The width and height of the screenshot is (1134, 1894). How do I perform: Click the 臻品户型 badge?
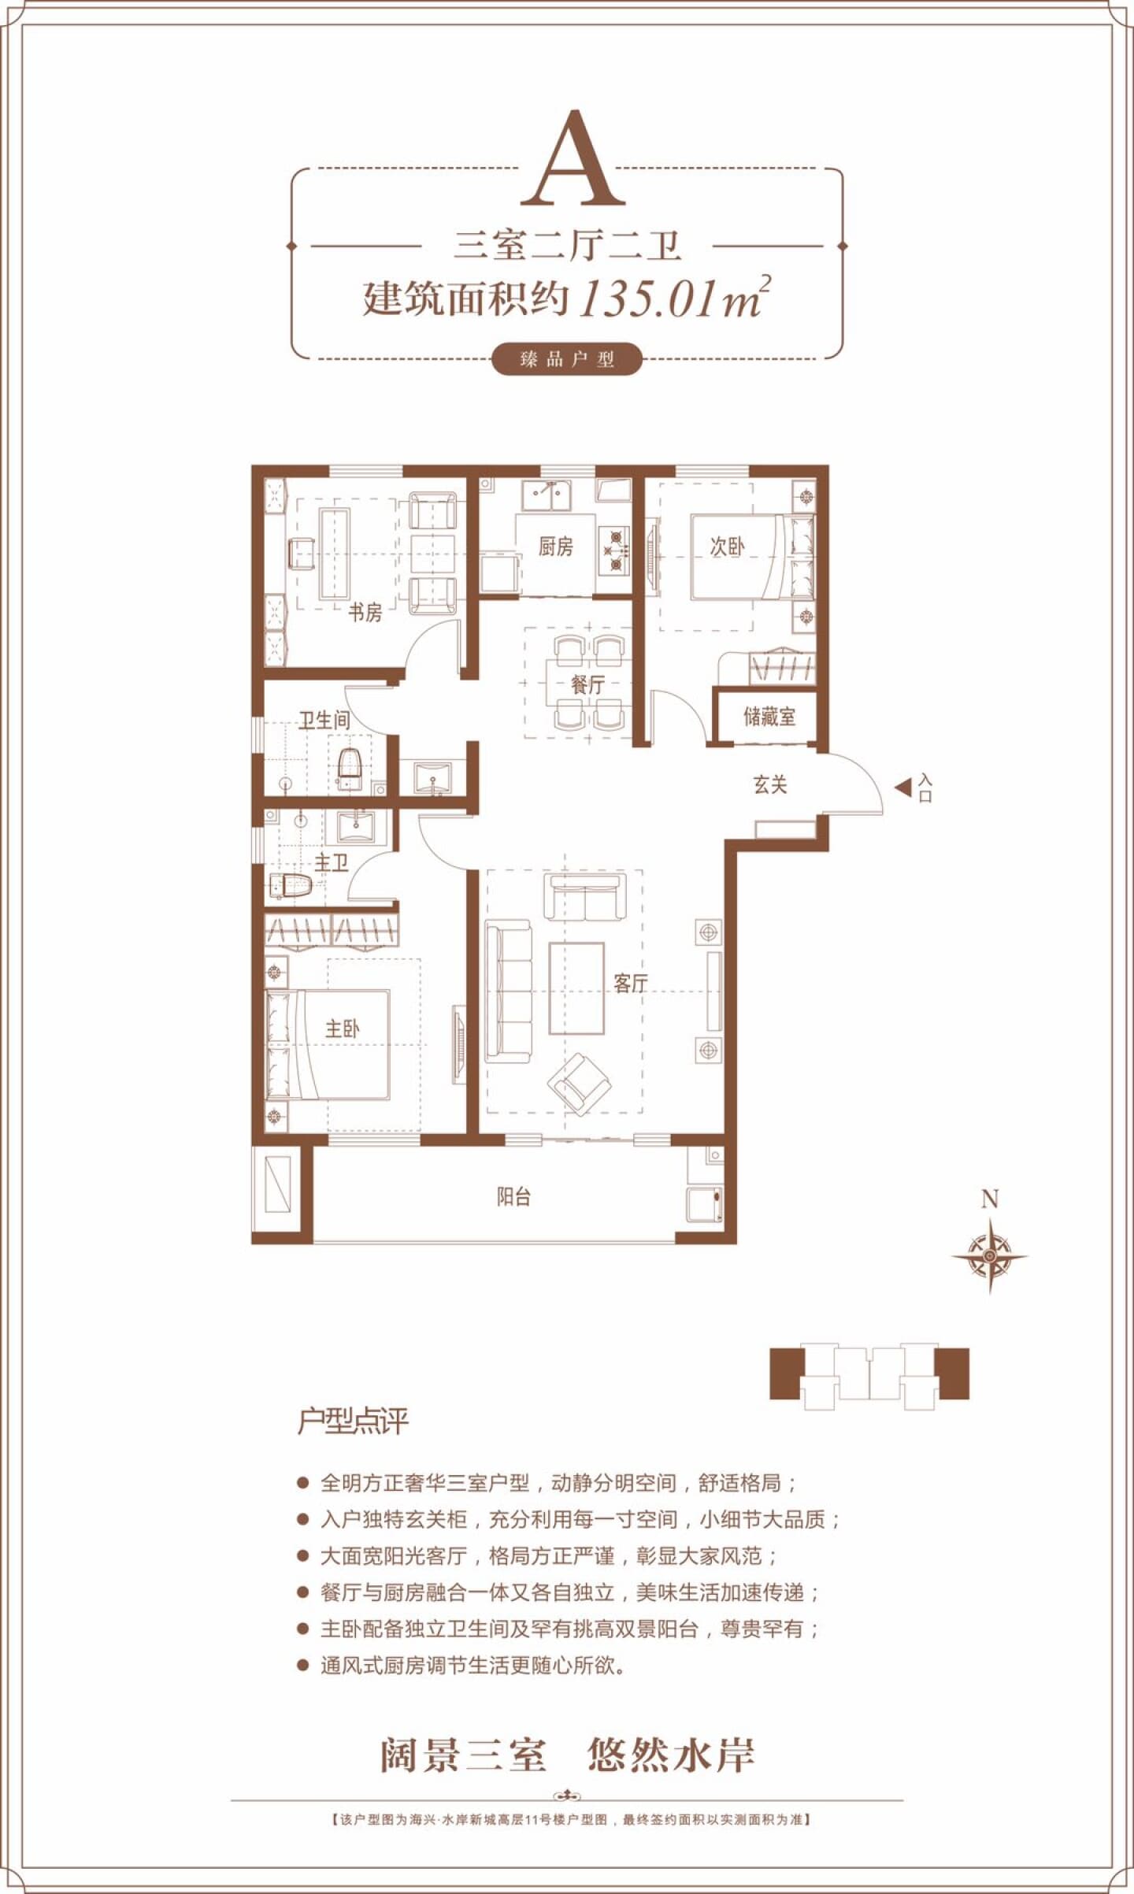tap(567, 360)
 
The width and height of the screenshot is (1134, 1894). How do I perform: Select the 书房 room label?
tap(365, 612)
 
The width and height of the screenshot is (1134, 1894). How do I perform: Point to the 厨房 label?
tap(556, 546)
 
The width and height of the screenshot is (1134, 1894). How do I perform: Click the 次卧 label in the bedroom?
tap(727, 547)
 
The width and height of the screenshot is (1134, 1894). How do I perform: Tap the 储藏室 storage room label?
tap(769, 717)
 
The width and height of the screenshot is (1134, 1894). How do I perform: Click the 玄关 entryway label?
tap(770, 784)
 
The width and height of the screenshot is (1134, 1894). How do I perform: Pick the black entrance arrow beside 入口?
tap(902, 787)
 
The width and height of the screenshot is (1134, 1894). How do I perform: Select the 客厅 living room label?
tap(631, 983)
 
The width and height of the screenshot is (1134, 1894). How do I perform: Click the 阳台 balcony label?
tap(514, 1197)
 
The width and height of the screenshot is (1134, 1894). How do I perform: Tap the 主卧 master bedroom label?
tap(343, 1029)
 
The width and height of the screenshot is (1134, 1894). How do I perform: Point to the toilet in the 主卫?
tap(291, 886)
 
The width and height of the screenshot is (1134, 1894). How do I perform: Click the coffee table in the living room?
tap(576, 988)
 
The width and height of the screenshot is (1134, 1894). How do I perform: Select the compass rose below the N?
tap(990, 1256)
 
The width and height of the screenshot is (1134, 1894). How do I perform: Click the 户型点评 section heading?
tap(353, 1421)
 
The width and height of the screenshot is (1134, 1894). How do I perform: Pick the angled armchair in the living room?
tap(580, 1084)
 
